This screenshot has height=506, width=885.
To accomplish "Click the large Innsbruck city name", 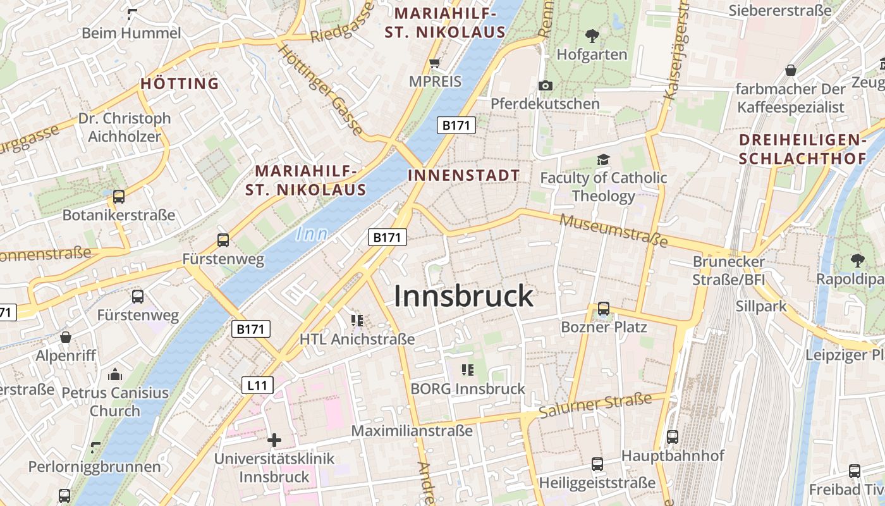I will [x=464, y=296].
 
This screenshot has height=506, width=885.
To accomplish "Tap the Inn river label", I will [x=312, y=235].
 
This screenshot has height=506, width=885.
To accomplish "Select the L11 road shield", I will [x=257, y=385].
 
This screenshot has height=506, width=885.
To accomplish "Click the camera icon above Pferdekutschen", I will [x=546, y=85].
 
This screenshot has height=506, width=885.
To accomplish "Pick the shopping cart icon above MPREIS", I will [x=434, y=63].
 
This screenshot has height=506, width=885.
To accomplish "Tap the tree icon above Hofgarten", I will [x=592, y=35].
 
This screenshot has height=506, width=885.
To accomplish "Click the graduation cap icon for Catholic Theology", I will [x=603, y=159].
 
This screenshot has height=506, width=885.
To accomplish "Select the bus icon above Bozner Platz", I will [x=604, y=309].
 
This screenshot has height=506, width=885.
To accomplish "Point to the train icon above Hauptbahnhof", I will [x=672, y=436].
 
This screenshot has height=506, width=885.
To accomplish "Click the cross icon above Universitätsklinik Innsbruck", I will [x=274, y=440].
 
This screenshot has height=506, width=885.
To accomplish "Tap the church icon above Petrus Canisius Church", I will [x=114, y=374].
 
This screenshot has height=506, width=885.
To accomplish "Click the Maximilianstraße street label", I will [x=412, y=431].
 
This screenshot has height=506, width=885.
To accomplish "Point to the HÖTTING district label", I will [x=180, y=83].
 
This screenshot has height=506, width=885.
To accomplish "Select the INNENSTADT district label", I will [x=464, y=176].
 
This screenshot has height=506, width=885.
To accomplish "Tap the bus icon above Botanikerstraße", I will [x=119, y=197].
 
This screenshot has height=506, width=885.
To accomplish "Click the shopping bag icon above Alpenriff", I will [x=66, y=337].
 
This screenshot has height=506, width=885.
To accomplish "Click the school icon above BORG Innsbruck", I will [x=468, y=370].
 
